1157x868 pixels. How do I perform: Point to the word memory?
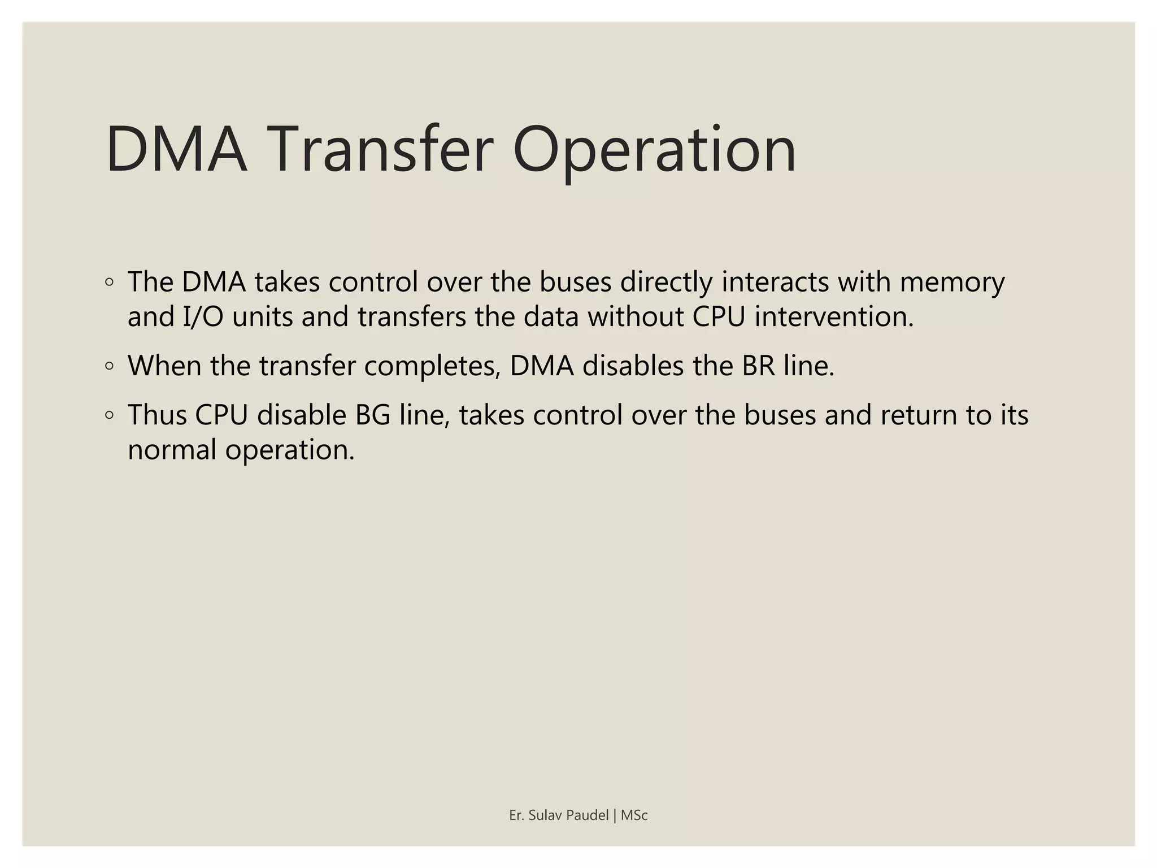click(x=952, y=282)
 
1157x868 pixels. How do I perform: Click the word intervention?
click(x=834, y=316)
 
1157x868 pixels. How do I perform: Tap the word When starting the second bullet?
click(x=164, y=366)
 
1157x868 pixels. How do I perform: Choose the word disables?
click(x=633, y=366)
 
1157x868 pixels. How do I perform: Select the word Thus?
click(x=157, y=415)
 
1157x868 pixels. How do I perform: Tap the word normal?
click(x=172, y=450)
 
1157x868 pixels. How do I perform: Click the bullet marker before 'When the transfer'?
click(x=110, y=366)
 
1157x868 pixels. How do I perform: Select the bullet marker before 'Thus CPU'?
click(x=110, y=415)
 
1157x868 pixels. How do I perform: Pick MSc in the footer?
click(x=634, y=815)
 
